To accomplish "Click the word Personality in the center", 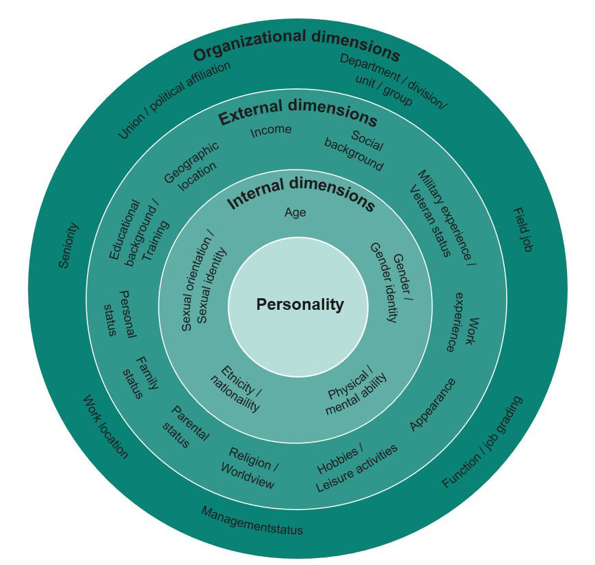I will click(300, 305).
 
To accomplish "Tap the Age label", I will click(295, 213).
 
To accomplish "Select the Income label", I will click(271, 130).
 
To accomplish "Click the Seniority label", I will click(68, 245).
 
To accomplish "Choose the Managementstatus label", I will click(252, 520).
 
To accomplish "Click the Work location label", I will click(105, 427).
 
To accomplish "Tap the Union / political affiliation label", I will click(174, 100).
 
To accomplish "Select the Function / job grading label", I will click(482, 441).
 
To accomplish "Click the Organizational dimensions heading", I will click(295, 53).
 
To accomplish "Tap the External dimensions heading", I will click(297, 113).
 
